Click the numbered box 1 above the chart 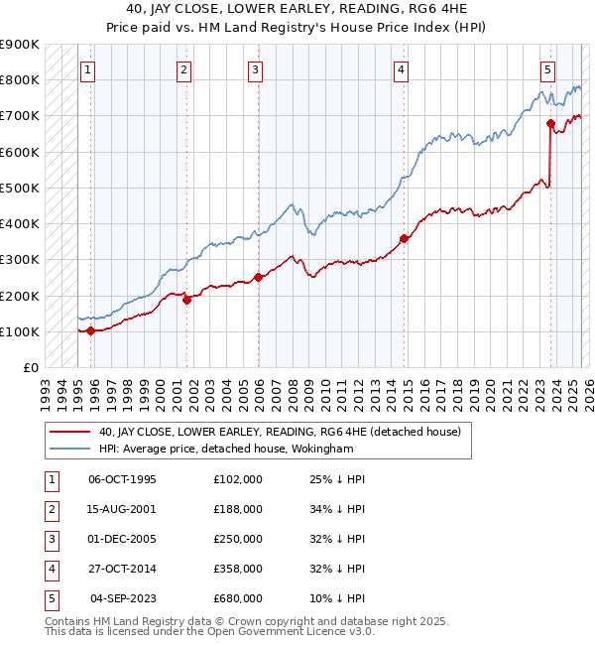coord(90,69)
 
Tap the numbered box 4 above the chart coord(401,69)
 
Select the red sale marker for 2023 coord(549,124)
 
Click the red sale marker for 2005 coord(258,278)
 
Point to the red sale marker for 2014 coord(404,238)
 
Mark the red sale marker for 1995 coord(90,330)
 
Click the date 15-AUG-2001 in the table coord(123,509)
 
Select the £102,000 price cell coord(238,479)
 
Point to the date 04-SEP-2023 coord(123,598)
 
